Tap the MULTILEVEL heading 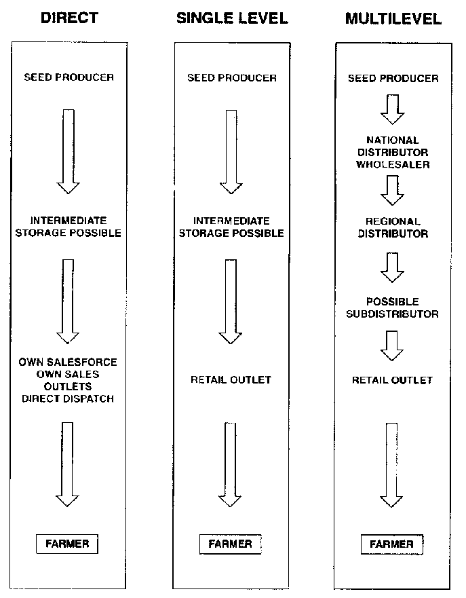393,18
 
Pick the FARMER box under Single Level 230,544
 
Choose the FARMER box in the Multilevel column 391,544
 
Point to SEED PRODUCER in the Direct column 69,77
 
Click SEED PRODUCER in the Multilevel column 393,78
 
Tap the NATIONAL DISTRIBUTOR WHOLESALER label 393,152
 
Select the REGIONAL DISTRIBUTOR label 393,227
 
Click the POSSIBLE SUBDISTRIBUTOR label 393,307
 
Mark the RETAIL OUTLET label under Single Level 231,380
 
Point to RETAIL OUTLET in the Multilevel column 392,380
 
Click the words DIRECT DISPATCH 68,398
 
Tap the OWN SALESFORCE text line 68,362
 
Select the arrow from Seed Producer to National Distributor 393,109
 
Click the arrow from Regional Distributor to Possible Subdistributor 393,267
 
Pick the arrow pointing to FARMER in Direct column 67,463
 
